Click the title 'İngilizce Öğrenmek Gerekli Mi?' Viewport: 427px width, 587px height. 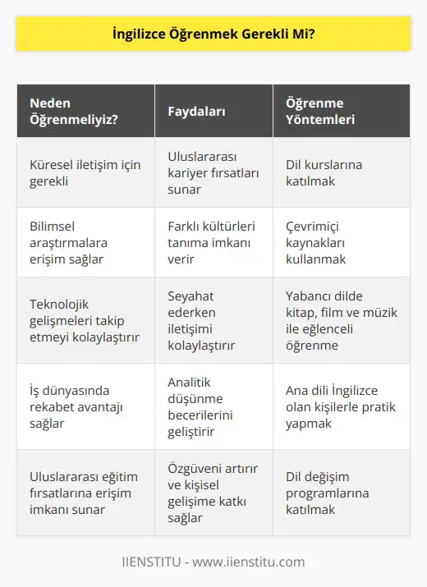[x=213, y=36]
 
